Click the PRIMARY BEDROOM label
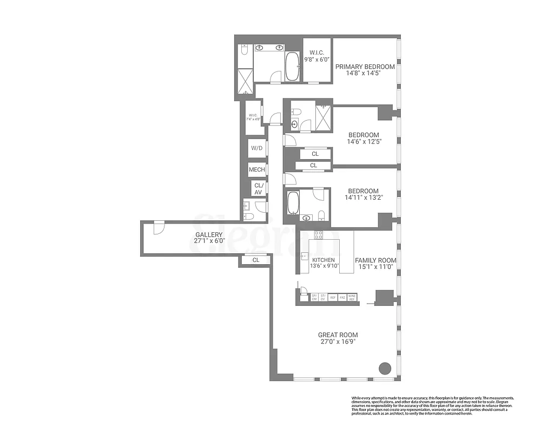tap(365, 67)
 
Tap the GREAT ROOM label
tap(338, 335)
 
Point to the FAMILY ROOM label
tap(375, 260)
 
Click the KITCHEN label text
tap(323, 260)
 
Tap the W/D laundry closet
tap(257, 148)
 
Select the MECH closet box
tap(257, 169)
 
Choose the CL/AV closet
tap(258, 188)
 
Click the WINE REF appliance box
tap(352, 297)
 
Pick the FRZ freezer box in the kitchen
tap(342, 297)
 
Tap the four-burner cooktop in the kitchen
tap(319, 235)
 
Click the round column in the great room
tap(384, 368)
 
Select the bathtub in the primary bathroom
tap(292, 67)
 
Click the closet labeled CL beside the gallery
tap(256, 260)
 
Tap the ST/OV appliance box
tap(323, 297)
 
